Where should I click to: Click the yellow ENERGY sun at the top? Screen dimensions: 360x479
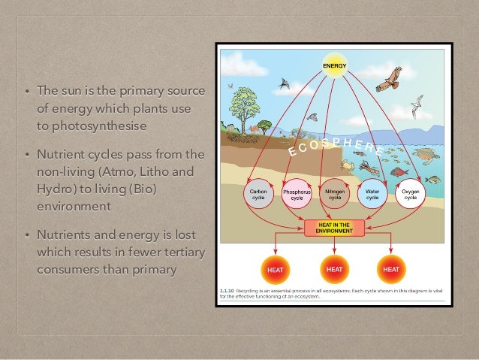click(334, 66)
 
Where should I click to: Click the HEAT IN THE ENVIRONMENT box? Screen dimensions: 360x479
click(334, 228)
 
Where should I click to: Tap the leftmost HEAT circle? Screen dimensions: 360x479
click(275, 268)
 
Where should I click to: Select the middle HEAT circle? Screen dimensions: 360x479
click(333, 268)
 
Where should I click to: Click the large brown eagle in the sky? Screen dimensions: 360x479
click(388, 79)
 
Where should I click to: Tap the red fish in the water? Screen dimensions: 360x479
click(398, 172)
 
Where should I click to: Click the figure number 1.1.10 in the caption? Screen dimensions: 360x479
click(226, 289)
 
